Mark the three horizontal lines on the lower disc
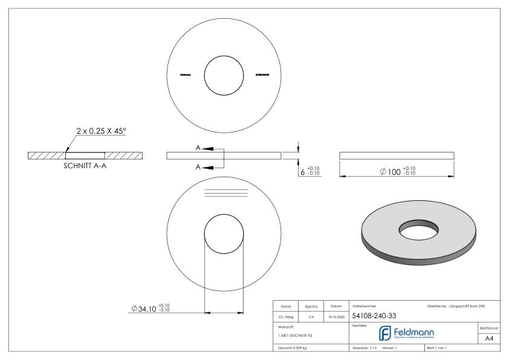pyautogui.click(x=225, y=193)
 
